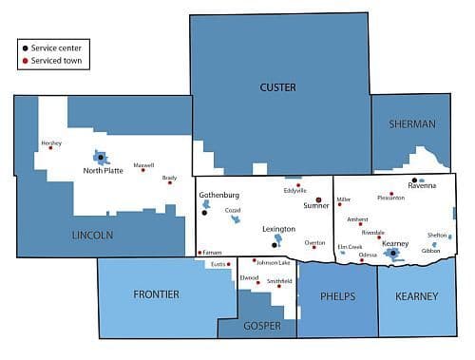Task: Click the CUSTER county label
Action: pyautogui.click(x=277, y=87)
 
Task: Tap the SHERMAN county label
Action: pyautogui.click(x=411, y=124)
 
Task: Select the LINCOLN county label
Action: pyautogui.click(x=93, y=234)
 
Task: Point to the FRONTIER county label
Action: pyautogui.click(x=156, y=294)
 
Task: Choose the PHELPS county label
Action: pyautogui.click(x=337, y=296)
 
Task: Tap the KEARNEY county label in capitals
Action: pyautogui.click(x=416, y=296)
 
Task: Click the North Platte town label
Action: pyautogui.click(x=103, y=171)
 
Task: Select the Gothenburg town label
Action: pyautogui.click(x=218, y=196)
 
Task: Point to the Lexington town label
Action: pyautogui.click(x=278, y=229)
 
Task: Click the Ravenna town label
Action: pyautogui.click(x=421, y=184)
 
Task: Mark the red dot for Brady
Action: pyautogui.click(x=170, y=182)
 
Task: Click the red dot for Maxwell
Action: pyautogui.click(x=142, y=170)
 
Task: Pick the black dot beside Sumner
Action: pyautogui.click(x=318, y=199)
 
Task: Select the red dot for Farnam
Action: pyautogui.click(x=199, y=252)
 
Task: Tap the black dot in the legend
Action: pyautogui.click(x=24, y=47)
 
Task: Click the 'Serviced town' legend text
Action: pyautogui.click(x=58, y=60)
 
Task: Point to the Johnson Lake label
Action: pyautogui.click(x=274, y=262)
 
